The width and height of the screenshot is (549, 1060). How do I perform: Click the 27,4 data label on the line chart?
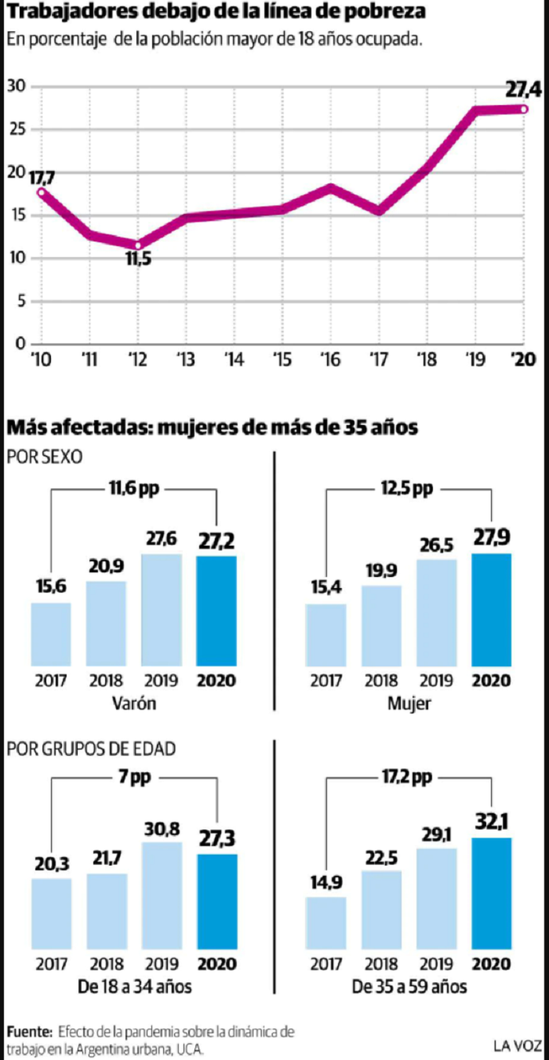(523, 89)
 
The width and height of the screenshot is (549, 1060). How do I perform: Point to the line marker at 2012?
(138, 245)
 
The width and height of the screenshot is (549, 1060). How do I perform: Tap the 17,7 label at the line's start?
(42, 179)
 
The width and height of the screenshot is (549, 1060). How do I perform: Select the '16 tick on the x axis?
(330, 360)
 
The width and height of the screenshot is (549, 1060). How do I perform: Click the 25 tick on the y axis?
(16, 129)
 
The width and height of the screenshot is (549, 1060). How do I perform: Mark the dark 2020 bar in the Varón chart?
(216, 611)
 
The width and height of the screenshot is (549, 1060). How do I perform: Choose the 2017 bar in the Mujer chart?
(326, 635)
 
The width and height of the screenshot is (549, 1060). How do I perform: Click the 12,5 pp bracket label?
(408, 488)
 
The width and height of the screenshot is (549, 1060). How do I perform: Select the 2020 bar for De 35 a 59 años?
(492, 894)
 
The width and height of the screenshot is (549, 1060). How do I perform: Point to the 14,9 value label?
(326, 883)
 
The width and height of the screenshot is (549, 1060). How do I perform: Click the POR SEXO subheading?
(45, 457)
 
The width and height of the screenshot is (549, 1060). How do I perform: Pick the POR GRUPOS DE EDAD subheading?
(91, 749)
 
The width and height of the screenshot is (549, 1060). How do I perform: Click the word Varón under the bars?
(134, 703)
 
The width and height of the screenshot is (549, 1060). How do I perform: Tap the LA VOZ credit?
(518, 1045)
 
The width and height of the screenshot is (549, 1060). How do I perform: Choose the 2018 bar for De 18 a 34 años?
(107, 911)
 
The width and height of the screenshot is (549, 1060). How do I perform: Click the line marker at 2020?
(524, 109)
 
